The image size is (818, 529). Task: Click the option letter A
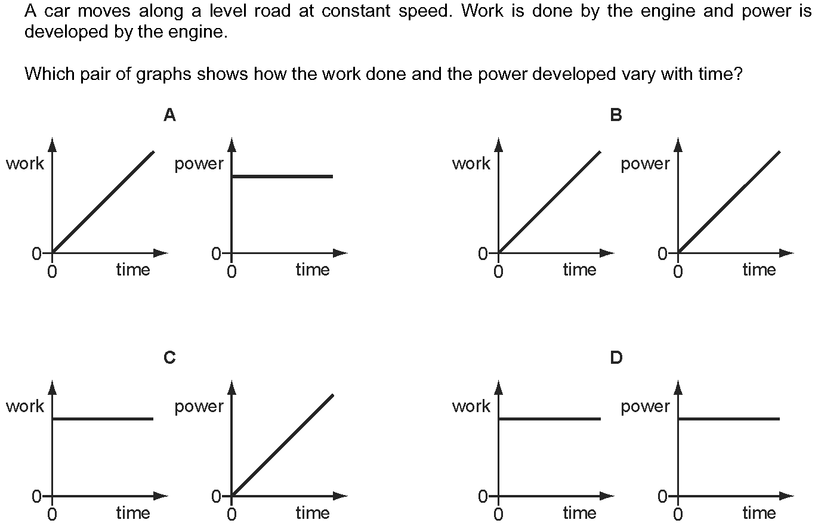click(170, 115)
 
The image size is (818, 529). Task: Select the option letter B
click(616, 115)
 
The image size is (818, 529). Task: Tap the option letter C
click(170, 358)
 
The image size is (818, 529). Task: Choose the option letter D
click(616, 358)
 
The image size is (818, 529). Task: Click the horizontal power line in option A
click(282, 177)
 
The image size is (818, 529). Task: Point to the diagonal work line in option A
click(103, 202)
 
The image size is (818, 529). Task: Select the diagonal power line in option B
click(729, 202)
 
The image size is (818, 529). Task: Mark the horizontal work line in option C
click(103, 419)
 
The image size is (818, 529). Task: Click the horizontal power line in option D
click(729, 419)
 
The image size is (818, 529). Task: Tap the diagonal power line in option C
click(282, 445)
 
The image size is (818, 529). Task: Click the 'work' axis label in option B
click(471, 163)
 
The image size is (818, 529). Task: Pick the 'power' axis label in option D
click(645, 407)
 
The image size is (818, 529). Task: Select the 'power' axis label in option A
click(199, 164)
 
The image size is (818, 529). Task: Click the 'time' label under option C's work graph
click(133, 513)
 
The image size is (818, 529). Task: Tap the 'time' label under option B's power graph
click(759, 270)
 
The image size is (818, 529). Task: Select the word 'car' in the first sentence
click(57, 12)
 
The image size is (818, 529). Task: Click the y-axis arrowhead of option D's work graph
click(498, 387)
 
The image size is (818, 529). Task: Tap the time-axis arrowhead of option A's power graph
click(341, 253)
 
